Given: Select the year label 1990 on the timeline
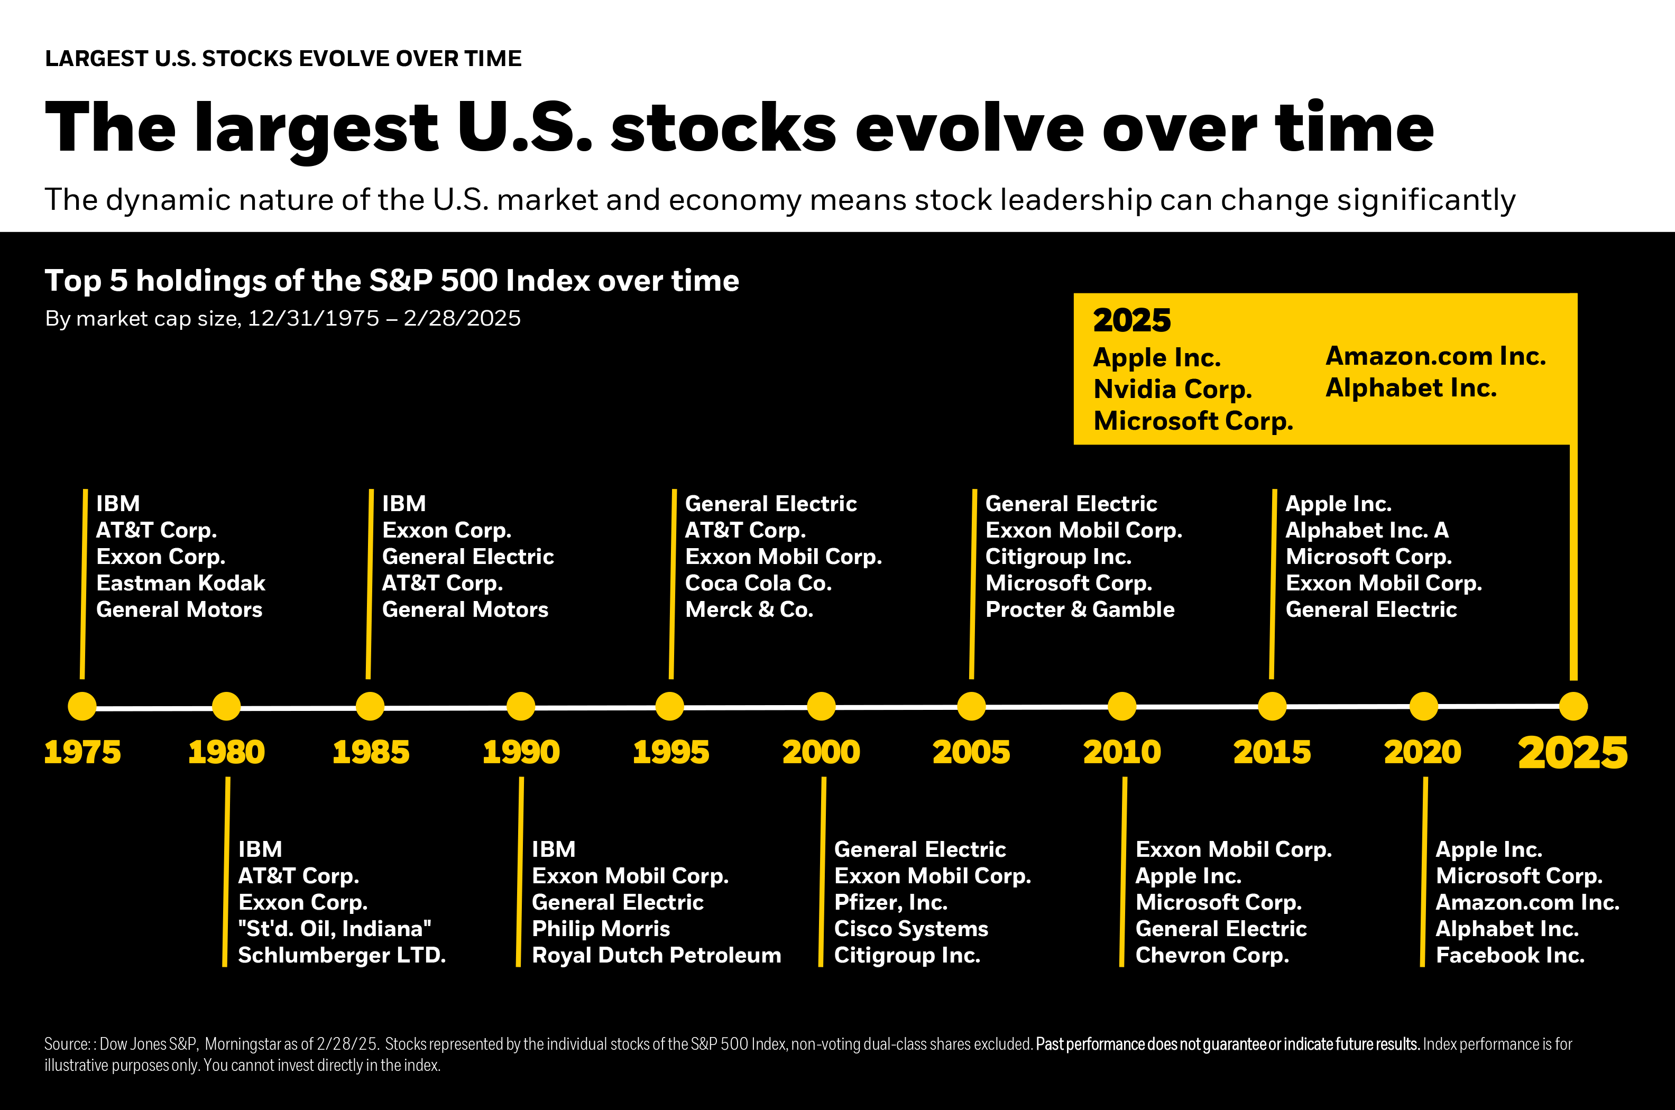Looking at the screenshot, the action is pos(521,752).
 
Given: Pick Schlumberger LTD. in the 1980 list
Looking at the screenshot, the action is pos(342,955).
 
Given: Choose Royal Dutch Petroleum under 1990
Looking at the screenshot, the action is pos(656,955).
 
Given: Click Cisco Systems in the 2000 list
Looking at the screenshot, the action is pos(911,929).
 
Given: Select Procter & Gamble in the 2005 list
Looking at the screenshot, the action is pos(1080,609).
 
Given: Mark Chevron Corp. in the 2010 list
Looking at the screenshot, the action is pos(1212,955).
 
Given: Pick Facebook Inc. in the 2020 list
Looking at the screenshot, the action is pos(1510,955).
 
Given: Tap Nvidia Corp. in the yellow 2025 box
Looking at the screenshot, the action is pos(1172,390).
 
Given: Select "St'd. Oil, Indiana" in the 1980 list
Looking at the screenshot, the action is pos(335,929).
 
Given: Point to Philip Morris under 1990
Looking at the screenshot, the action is pos(600,929).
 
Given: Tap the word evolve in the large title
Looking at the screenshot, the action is pos(969,128).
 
